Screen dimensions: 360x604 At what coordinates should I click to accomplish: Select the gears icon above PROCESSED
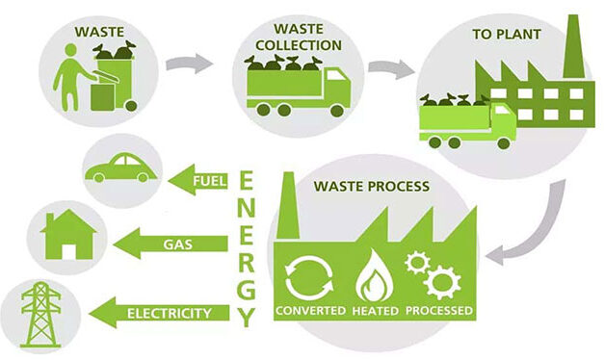[x=434, y=272]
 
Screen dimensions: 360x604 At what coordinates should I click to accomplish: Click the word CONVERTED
[x=311, y=311]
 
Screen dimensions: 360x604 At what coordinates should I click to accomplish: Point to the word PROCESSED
[x=438, y=311]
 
